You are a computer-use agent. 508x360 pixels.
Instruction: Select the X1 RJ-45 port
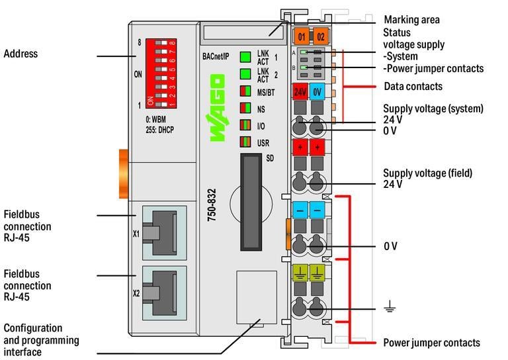click(x=163, y=233)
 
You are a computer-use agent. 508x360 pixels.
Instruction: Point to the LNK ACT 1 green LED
click(x=245, y=57)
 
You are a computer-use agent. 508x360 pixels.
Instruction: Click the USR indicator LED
click(x=245, y=141)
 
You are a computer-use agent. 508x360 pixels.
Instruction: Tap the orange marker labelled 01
click(x=302, y=36)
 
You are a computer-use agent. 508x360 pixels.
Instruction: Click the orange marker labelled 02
click(x=319, y=36)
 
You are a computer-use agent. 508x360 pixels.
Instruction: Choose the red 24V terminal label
click(x=301, y=92)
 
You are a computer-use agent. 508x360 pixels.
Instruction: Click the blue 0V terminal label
click(x=317, y=92)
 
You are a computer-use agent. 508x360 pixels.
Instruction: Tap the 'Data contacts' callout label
click(x=413, y=87)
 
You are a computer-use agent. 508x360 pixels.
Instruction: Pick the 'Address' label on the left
click(x=21, y=54)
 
